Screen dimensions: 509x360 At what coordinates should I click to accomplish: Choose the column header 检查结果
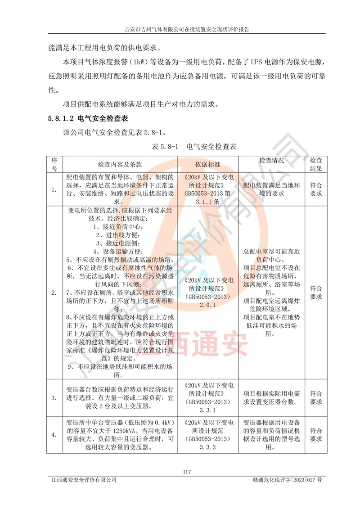316,164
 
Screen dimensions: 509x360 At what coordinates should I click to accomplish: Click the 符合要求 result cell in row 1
316,189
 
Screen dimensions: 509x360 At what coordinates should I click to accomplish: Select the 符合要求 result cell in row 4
316,435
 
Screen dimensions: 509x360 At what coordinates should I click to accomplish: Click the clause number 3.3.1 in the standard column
207,410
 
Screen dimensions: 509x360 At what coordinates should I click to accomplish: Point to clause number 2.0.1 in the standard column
207,305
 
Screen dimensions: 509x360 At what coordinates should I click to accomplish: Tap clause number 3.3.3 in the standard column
207,447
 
